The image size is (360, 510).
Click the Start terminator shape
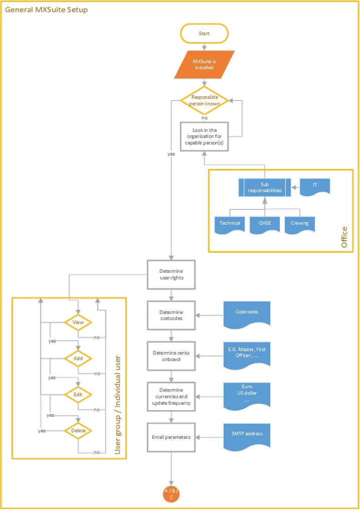click(x=204, y=33)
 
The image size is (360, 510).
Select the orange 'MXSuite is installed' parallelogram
click(x=204, y=64)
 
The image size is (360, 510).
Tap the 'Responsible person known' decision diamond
click(x=204, y=100)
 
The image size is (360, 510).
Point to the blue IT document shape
click(x=315, y=186)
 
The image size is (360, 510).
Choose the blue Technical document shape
click(x=229, y=224)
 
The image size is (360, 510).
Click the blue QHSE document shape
click(x=264, y=224)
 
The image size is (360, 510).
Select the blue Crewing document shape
click(x=299, y=224)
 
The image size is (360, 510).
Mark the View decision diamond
click(x=78, y=322)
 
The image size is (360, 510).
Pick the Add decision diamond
click(x=78, y=359)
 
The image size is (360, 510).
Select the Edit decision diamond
click(x=78, y=395)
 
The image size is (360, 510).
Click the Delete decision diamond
click(x=78, y=430)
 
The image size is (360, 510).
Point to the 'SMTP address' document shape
click(x=247, y=434)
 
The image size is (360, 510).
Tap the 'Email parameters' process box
click(x=171, y=437)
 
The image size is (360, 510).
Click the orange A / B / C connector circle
click(x=171, y=493)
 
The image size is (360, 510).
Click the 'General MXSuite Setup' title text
click(x=46, y=10)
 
